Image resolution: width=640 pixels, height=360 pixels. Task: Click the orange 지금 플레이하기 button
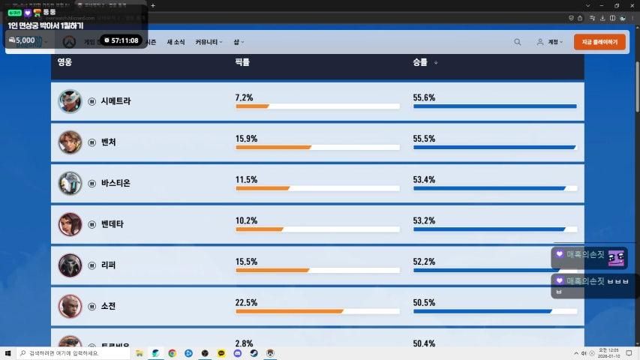pos(599,42)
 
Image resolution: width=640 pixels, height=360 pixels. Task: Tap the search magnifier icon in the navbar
pos(518,42)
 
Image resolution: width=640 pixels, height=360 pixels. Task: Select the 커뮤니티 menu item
pos(209,42)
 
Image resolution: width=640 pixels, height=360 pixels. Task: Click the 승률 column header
pos(419,62)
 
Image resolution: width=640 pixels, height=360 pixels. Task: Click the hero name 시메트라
pos(116,100)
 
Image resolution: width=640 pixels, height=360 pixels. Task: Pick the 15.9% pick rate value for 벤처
pos(246,139)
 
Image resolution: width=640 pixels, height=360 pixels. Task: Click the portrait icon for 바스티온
pos(70,183)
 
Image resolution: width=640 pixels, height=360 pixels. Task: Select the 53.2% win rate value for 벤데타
pos(424,220)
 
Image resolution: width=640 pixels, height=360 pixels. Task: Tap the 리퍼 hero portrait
pos(70,265)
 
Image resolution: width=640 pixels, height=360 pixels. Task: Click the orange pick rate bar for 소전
pos(290,311)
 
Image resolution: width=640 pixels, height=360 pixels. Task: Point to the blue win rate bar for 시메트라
pos(494,106)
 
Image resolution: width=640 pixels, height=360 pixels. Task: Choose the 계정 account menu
pos(551,42)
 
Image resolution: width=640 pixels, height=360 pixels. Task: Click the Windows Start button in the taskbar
pos(8,352)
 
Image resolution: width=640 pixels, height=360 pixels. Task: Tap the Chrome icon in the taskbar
pos(172,352)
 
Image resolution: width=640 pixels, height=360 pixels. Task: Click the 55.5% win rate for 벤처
pos(424,139)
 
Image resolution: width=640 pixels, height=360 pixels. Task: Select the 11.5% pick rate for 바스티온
pos(246,180)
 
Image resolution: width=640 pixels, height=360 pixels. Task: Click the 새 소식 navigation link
pos(176,42)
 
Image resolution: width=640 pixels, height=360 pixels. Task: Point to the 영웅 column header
pos(65,62)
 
